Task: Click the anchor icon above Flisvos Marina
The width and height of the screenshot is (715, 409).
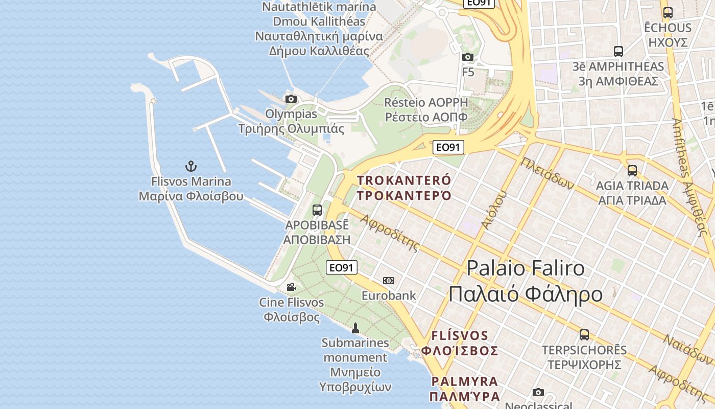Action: click(190, 166)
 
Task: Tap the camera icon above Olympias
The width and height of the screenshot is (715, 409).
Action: click(291, 99)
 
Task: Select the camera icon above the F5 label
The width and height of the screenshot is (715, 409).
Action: click(468, 57)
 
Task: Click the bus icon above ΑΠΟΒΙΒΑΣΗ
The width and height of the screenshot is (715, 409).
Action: click(317, 210)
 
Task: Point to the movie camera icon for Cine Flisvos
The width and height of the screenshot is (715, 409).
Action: click(291, 287)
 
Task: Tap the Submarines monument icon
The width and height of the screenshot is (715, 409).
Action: click(355, 328)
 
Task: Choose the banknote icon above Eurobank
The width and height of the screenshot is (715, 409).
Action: click(389, 281)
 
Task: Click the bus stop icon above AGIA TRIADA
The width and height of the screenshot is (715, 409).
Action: click(632, 171)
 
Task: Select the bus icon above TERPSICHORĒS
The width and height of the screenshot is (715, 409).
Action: click(584, 335)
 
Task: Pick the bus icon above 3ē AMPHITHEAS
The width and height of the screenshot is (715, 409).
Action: click(618, 52)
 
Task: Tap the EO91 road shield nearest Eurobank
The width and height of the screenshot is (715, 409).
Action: click(342, 267)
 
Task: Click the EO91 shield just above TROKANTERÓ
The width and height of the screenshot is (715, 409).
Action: click(448, 148)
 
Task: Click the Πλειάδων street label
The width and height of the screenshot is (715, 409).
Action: click(547, 173)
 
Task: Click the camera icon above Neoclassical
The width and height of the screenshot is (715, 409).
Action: click(538, 392)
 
